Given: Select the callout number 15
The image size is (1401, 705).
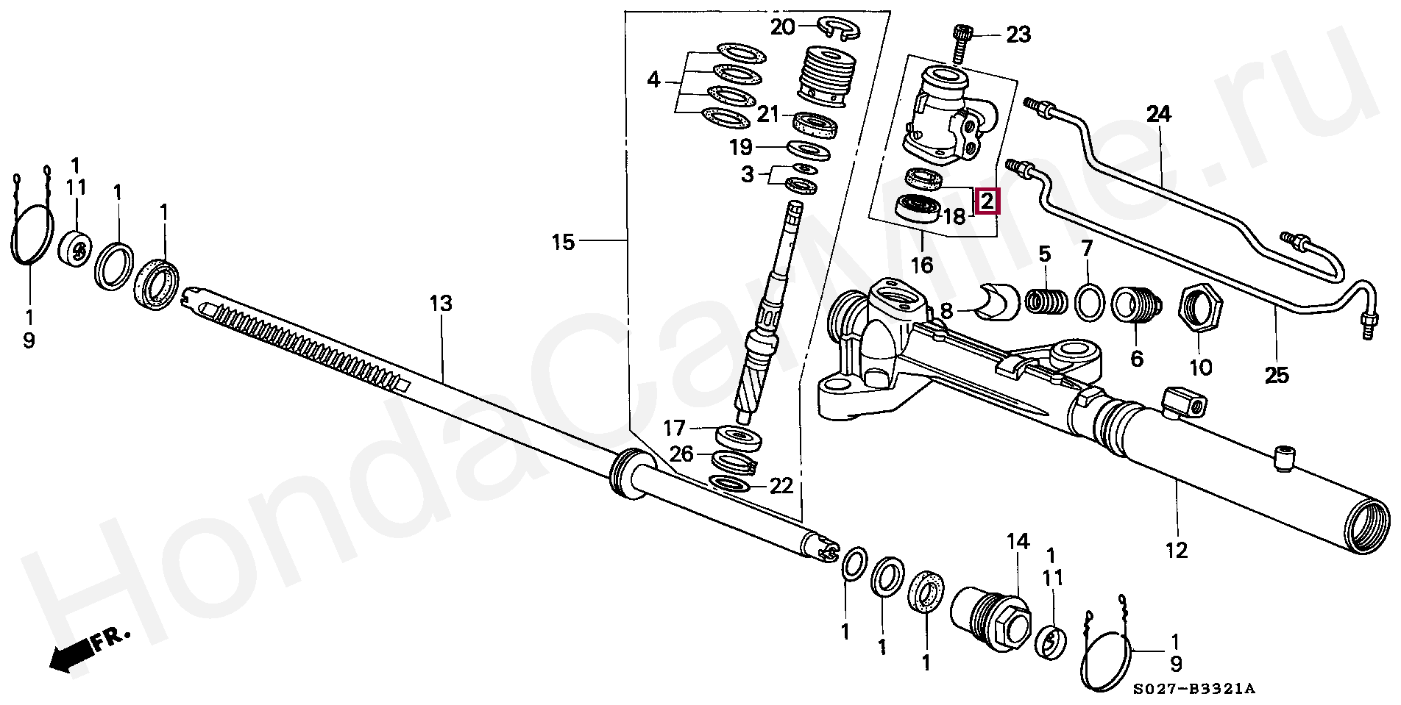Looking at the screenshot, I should click(563, 242).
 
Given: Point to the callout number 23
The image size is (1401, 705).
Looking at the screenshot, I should click(1018, 35).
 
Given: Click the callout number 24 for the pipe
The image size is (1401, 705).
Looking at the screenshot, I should click(1158, 115).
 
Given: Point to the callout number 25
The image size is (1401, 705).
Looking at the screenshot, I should click(1277, 376).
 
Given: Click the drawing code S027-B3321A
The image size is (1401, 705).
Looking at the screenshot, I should click(1193, 689).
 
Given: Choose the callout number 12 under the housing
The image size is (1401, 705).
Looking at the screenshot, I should click(1177, 548).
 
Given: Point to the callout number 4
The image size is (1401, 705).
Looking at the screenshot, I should click(654, 80).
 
